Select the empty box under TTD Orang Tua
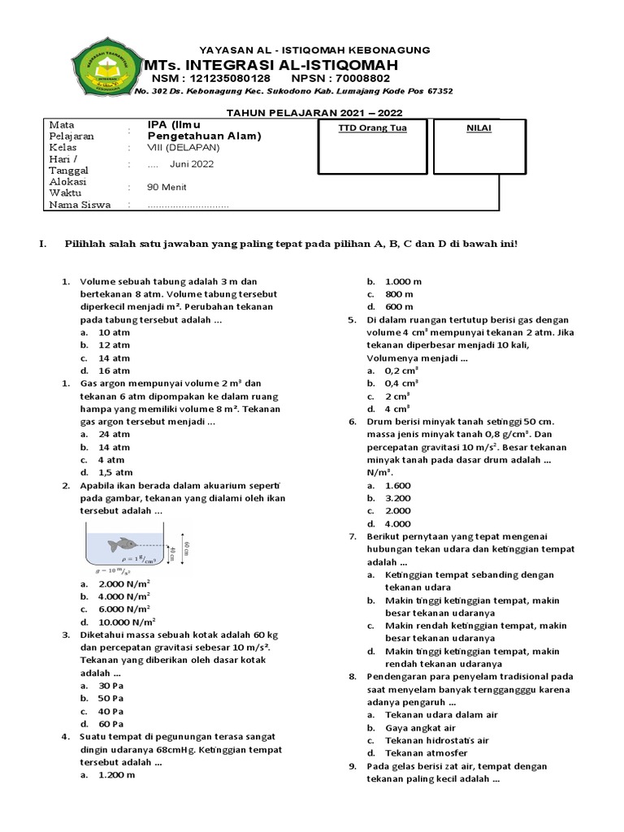pos(372,154)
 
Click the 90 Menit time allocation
pos(165,186)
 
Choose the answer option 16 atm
pos(114,370)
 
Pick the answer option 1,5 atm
pos(115,472)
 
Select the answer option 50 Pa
pos(110,698)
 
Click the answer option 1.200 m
pos(116,775)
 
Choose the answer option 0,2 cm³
pos(401,370)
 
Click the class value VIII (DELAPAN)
pos(184,148)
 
